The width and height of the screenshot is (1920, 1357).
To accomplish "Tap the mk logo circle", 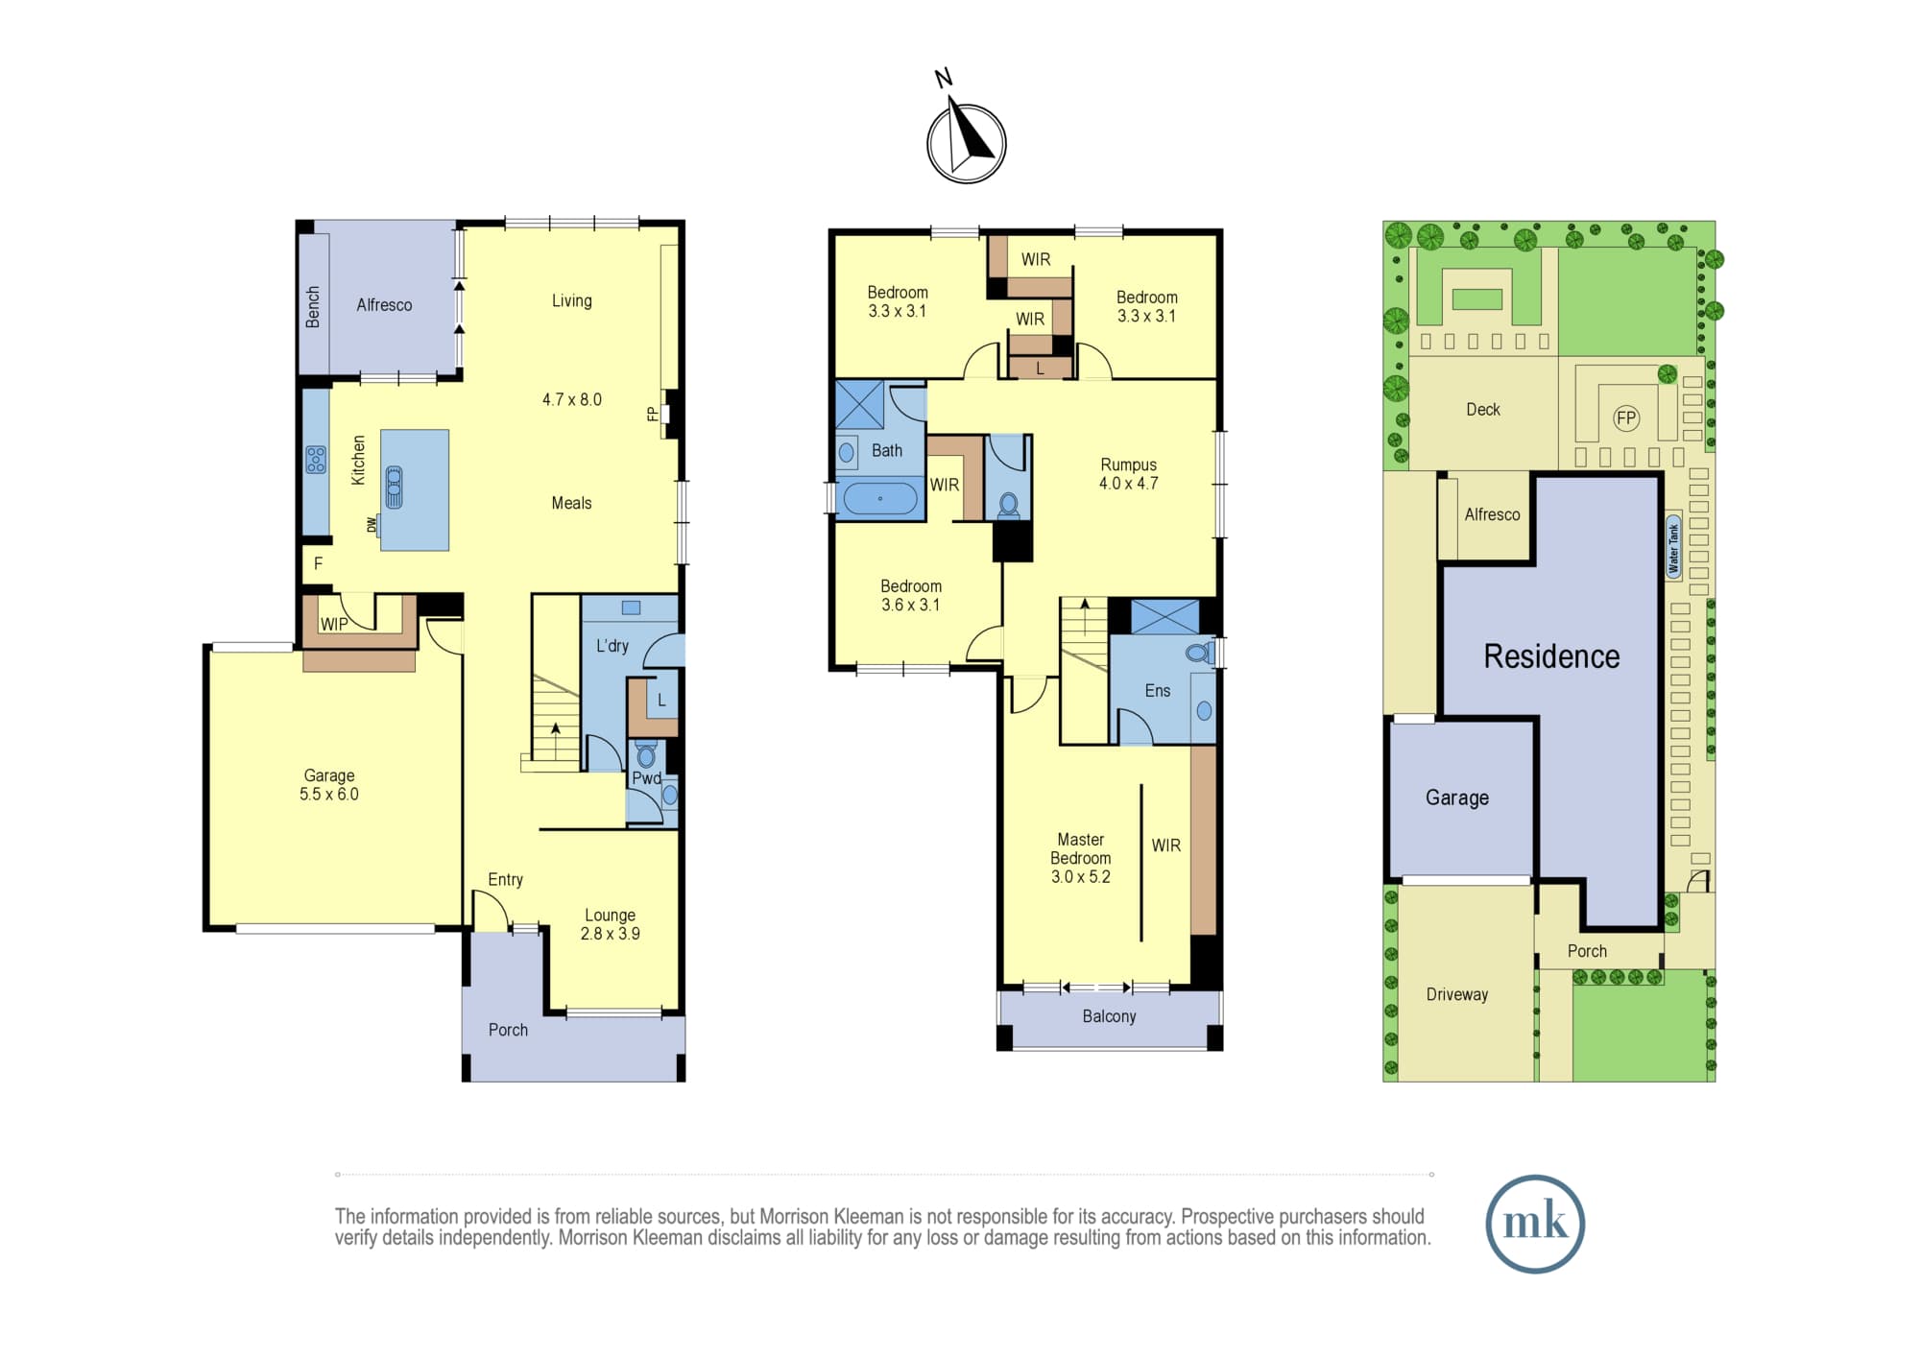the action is click(1534, 1224).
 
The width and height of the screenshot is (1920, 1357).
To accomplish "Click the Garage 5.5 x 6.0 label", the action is click(329, 784).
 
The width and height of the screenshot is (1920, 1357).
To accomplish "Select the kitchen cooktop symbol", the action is click(316, 460).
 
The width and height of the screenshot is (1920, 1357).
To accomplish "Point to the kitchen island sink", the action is click(394, 487).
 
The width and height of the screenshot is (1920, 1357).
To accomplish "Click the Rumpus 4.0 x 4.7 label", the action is click(1129, 474).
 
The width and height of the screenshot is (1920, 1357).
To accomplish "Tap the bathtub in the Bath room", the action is click(879, 499).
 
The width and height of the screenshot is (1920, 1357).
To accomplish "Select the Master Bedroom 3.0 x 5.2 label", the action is click(1081, 858).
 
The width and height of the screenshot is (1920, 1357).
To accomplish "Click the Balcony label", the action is click(1109, 1016).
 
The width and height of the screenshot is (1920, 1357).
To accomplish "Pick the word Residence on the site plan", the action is click(1551, 656).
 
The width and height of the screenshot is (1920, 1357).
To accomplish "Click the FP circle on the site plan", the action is click(1626, 418).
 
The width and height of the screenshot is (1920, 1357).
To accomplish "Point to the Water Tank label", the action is click(1674, 548).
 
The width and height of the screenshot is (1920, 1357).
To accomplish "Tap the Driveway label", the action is click(1457, 994).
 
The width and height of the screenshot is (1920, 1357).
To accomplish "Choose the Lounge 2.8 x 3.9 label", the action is click(611, 924).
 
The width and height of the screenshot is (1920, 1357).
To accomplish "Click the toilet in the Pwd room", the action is click(646, 753).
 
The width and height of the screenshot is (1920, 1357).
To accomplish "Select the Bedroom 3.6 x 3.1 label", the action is click(911, 595).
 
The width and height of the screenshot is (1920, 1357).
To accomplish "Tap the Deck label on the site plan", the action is click(1483, 410).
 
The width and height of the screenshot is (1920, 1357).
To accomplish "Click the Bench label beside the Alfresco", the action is click(313, 306).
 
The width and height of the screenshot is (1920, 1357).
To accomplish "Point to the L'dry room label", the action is click(612, 646).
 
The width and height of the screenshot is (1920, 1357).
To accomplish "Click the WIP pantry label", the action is click(334, 624).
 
